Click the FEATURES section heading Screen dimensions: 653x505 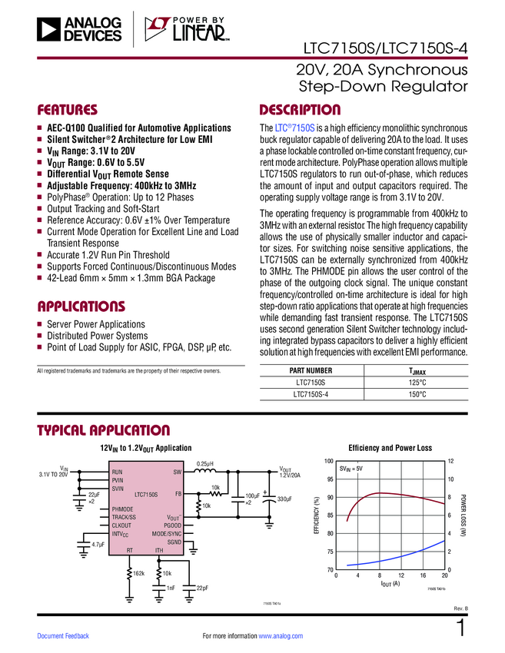click(68, 109)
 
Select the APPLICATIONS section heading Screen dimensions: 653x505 click(81, 306)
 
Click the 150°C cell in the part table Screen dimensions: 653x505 click(417, 394)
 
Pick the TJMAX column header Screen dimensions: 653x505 click(417, 370)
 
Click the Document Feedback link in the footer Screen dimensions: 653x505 click(63, 636)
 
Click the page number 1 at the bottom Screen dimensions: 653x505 click(460, 628)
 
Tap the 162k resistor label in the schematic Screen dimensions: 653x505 click(138, 573)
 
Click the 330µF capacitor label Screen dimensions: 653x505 click(284, 499)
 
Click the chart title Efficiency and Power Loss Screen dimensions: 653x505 click(390, 447)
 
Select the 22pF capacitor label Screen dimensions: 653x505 click(202, 588)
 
